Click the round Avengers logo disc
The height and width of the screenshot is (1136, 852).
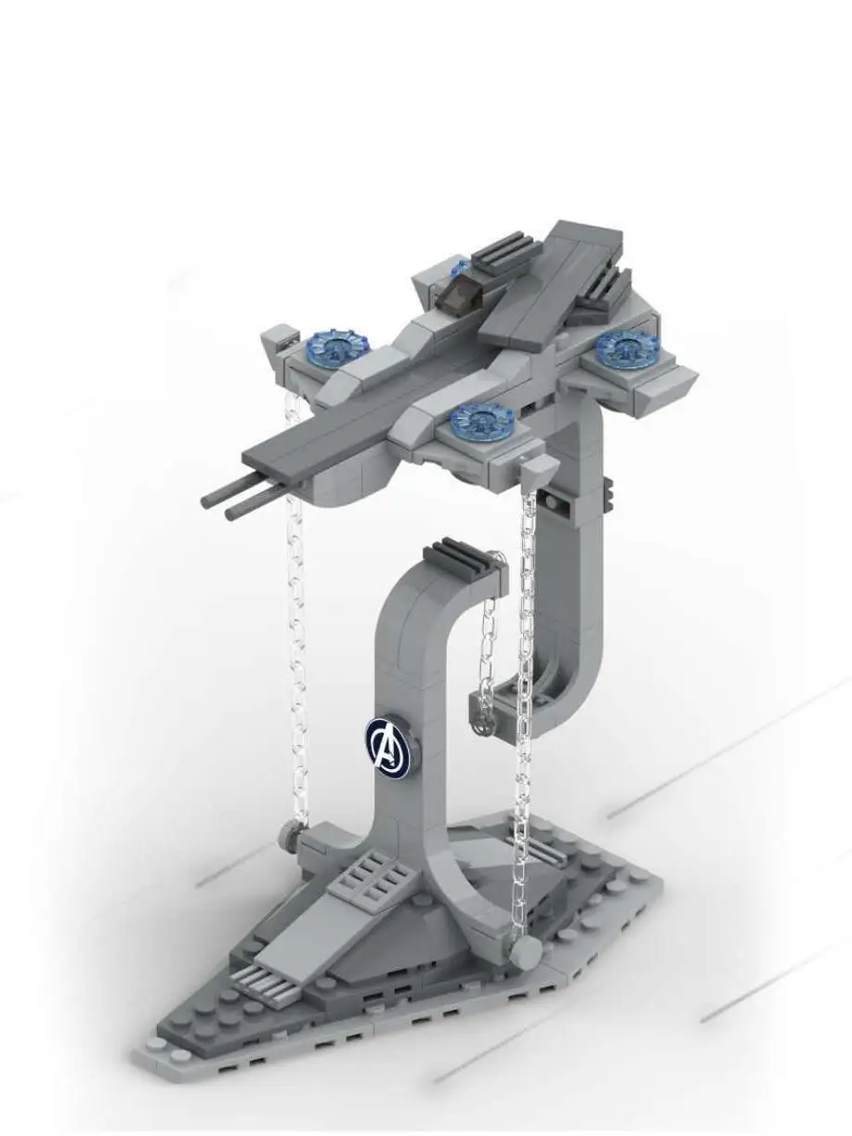pyautogui.click(x=387, y=745)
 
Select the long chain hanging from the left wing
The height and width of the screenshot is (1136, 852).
pyautogui.click(x=296, y=632)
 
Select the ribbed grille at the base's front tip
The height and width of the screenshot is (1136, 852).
pyautogui.click(x=264, y=985)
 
